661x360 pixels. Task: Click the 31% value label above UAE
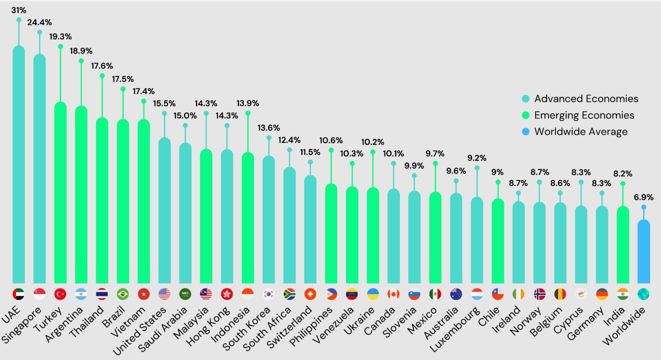(x=19, y=10)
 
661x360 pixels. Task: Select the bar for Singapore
(x=40, y=170)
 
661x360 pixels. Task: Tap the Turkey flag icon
(x=60, y=294)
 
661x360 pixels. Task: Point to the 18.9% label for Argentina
(x=81, y=51)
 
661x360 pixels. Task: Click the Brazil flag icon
(x=122, y=294)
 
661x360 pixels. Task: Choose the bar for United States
(x=165, y=210)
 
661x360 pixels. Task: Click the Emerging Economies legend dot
(x=526, y=115)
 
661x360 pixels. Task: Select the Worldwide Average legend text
(x=581, y=131)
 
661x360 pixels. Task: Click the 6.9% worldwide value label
(x=644, y=197)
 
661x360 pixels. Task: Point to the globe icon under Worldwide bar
(x=644, y=294)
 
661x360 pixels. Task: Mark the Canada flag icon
(x=393, y=294)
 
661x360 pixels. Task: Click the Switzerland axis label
(x=289, y=327)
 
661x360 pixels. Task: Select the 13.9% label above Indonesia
(x=248, y=104)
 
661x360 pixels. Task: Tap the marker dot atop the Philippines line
(x=331, y=150)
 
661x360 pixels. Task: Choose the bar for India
(x=623, y=245)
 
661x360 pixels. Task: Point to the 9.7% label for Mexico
(x=435, y=154)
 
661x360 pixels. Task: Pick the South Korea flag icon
(x=268, y=294)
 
